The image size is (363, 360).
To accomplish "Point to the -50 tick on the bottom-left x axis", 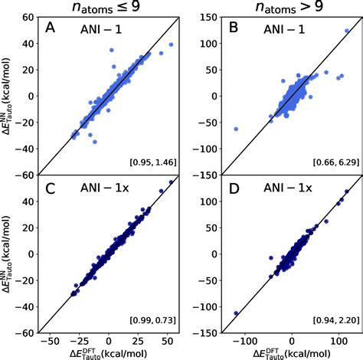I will pyautogui.click(x=50, y=339).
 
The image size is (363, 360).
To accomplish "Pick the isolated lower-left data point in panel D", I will pyautogui.click(x=236, y=313).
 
